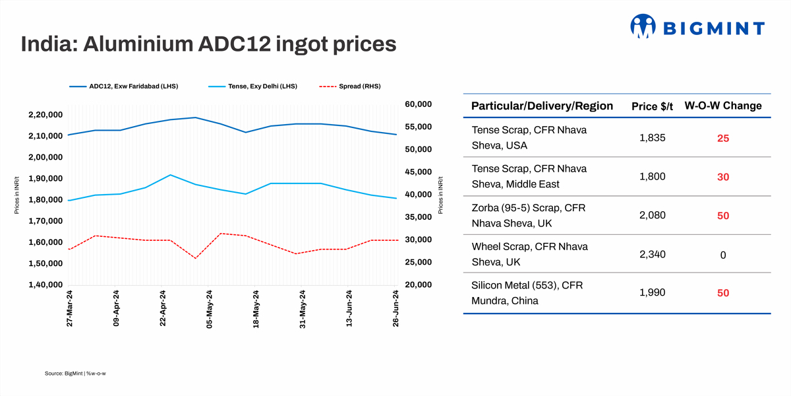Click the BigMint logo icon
(x=644, y=26)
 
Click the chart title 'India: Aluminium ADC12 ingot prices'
(x=208, y=44)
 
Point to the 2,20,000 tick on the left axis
(x=45, y=115)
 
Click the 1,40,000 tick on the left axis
(x=45, y=285)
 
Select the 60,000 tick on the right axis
(x=417, y=104)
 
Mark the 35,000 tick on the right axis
(x=417, y=217)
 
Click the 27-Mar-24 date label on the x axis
(x=70, y=308)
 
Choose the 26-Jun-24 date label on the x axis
(x=396, y=308)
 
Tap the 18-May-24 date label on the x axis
(x=256, y=308)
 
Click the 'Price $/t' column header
(x=652, y=106)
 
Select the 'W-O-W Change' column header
(x=722, y=106)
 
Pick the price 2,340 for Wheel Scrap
(x=652, y=255)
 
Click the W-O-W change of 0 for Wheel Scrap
(x=723, y=255)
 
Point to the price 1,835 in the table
(x=652, y=138)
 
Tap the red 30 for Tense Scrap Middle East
(x=723, y=177)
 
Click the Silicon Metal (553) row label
(x=527, y=293)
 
